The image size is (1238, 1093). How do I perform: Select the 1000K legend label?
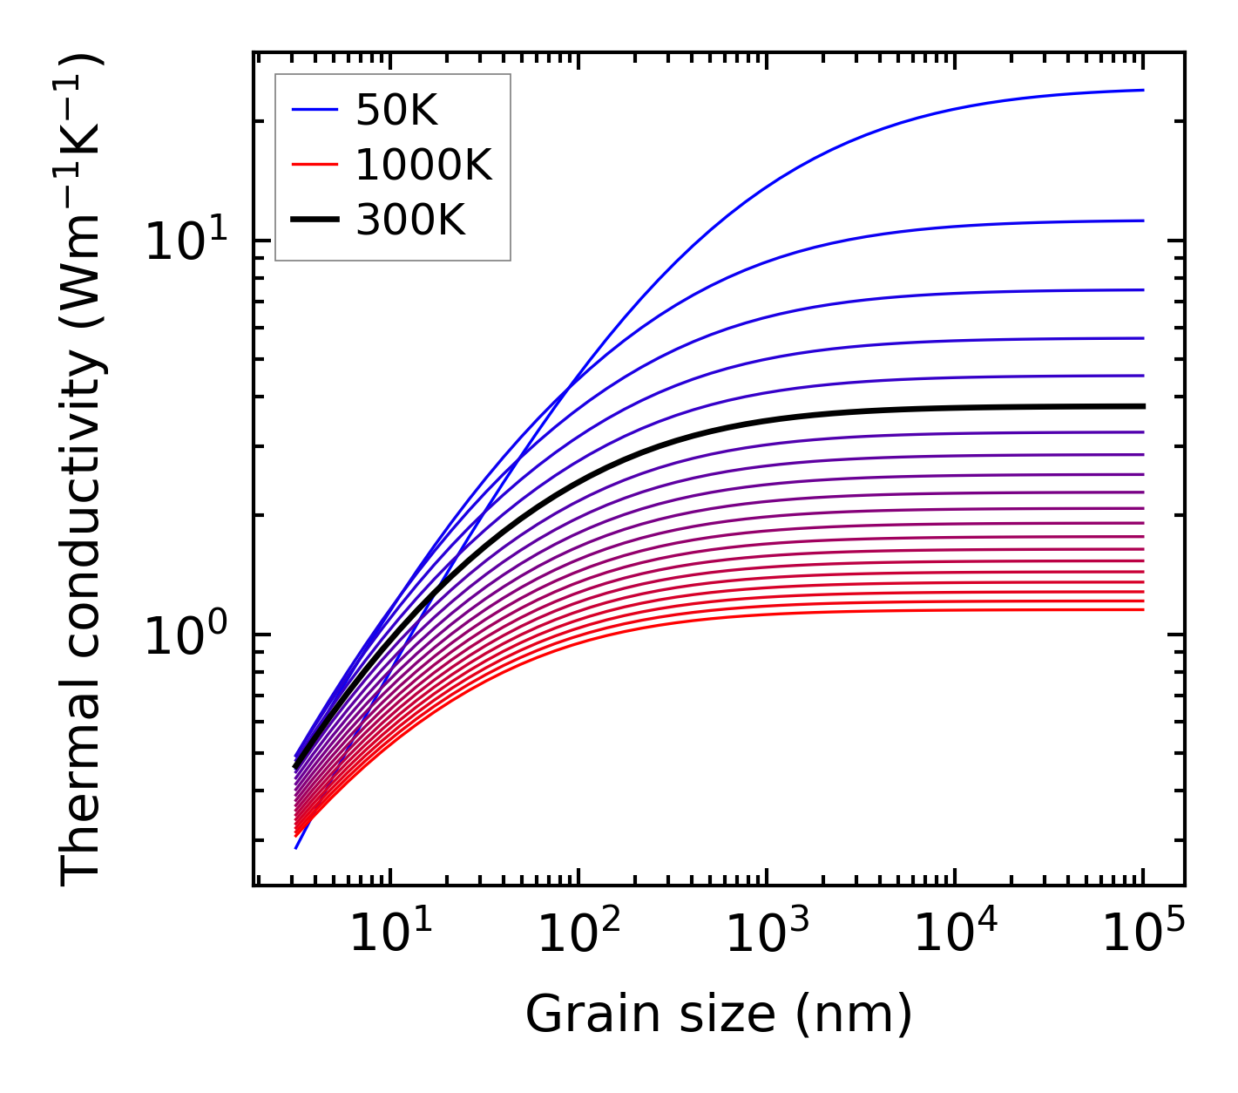click(423, 165)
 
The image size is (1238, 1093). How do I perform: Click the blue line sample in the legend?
click(315, 110)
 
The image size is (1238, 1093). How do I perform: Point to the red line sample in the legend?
click(315, 165)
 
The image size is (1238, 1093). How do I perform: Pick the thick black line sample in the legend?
click(315, 221)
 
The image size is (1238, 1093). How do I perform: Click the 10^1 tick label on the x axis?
click(389, 934)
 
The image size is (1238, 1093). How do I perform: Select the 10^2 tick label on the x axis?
click(578, 934)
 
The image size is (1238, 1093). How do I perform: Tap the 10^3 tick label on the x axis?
click(766, 934)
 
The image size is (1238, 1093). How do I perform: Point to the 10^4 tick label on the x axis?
click(954, 934)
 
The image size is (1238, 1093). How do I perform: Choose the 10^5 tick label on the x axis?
click(1142, 934)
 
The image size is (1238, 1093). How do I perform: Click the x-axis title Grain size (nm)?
click(719, 1015)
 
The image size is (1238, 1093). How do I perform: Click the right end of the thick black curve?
click(1142, 406)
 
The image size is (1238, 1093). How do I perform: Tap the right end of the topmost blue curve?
click(1142, 90)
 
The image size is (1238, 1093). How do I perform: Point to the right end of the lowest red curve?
click(1142, 609)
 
